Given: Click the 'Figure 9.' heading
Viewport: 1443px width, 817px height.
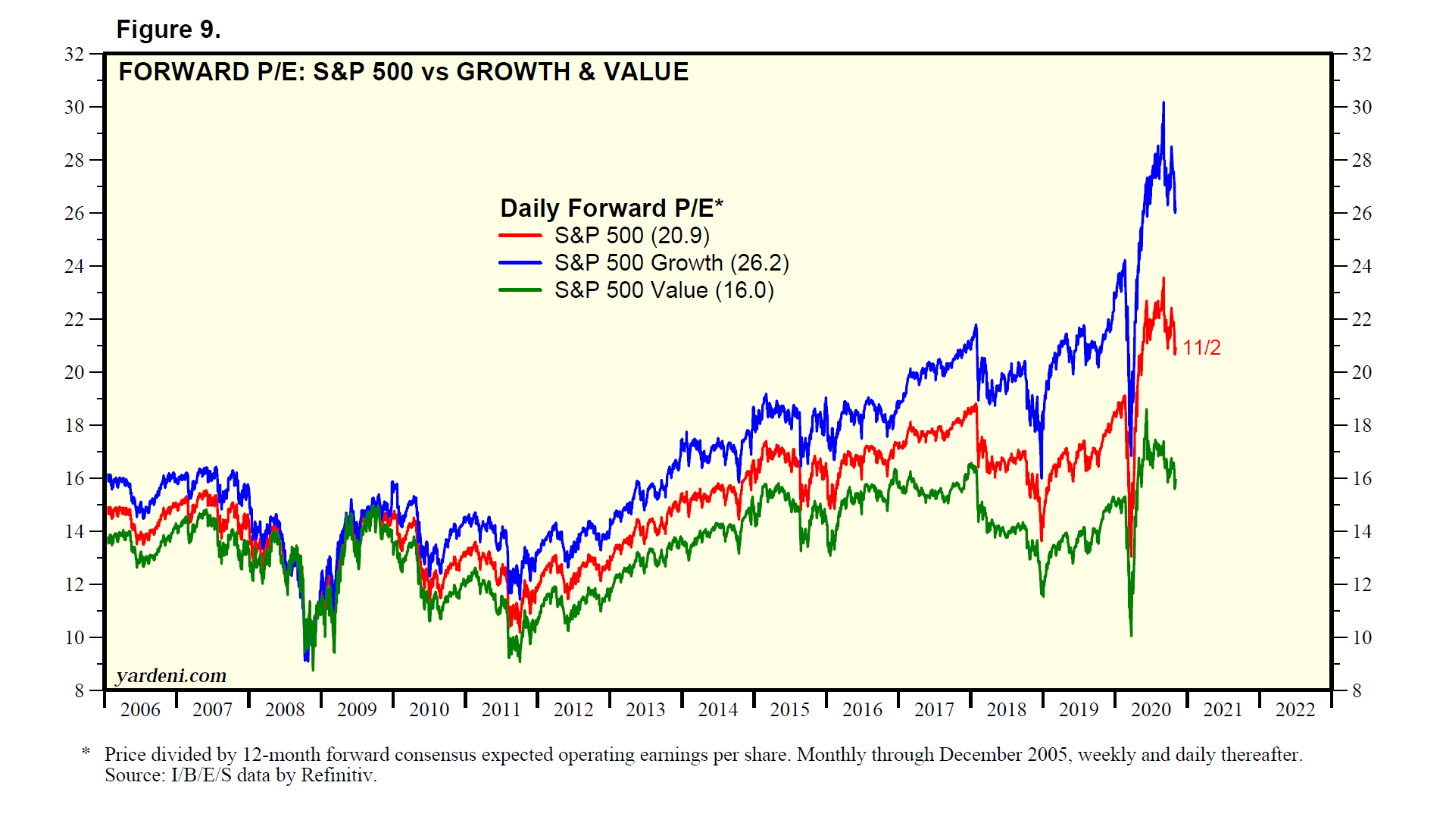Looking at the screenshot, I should click(168, 30).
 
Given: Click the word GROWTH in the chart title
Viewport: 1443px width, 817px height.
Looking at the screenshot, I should click(513, 72).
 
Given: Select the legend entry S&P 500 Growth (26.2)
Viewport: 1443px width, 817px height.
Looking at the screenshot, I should click(671, 263).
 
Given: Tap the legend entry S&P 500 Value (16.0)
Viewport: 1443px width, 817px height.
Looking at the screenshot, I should click(664, 290).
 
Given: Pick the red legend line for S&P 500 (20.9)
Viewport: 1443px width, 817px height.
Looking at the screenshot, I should click(520, 236).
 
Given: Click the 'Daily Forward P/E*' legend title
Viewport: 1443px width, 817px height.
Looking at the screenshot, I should click(611, 208).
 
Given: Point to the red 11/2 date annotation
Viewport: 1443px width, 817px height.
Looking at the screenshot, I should click(1201, 348).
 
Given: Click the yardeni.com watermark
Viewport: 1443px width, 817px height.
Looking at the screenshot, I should click(171, 675).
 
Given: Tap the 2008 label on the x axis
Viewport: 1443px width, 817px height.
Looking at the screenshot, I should click(285, 710).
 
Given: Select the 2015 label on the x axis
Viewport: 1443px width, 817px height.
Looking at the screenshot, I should click(790, 710).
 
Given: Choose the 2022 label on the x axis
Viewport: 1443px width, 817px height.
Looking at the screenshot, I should click(1295, 710).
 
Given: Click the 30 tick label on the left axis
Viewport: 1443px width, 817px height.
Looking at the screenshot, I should click(74, 108).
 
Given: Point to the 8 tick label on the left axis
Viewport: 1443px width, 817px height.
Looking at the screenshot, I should click(80, 690).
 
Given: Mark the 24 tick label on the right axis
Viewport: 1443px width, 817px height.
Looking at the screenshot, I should click(1362, 267).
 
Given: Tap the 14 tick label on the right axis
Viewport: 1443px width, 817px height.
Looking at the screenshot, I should click(1362, 532).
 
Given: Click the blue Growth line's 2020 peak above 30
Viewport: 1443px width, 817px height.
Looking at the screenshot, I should click(1163, 103).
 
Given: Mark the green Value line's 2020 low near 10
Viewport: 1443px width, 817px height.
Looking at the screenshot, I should click(1131, 634).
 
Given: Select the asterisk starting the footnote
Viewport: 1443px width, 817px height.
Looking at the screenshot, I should click(86, 752).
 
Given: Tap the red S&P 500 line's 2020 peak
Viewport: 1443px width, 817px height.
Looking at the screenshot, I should click(1163, 279).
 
